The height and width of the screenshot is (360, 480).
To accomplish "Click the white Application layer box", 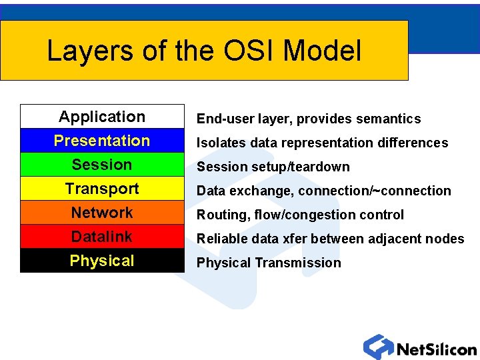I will click(102, 117).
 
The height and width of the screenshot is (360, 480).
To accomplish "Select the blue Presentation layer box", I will click(102, 141).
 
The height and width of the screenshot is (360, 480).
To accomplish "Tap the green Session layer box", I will click(102, 165).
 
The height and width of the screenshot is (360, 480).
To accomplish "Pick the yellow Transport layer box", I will click(102, 189).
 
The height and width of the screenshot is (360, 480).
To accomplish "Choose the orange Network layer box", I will click(102, 213).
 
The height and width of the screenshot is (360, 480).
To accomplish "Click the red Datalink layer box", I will click(102, 237).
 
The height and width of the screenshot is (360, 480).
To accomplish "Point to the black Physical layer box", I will click(102, 261).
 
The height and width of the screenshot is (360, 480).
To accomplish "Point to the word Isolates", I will click(219, 143).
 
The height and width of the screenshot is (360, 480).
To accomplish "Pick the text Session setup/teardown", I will click(273, 167).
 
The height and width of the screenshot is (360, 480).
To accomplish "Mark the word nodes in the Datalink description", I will click(447, 239).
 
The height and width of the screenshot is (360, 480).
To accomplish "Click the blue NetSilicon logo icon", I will click(377, 347).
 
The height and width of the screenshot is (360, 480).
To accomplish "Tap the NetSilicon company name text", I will click(436, 349).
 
